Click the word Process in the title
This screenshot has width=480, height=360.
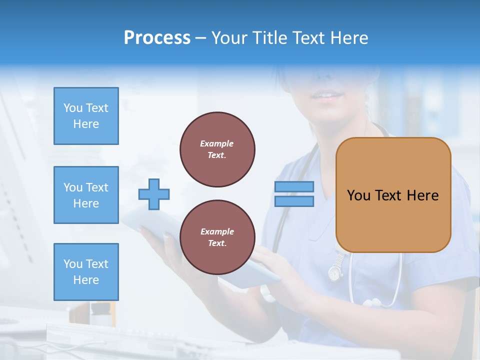click(157, 38)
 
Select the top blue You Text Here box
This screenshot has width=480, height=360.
click(86, 116)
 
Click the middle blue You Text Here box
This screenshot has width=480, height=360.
click(86, 195)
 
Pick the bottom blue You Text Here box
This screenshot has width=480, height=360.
click(86, 271)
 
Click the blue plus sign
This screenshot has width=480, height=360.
click(154, 194)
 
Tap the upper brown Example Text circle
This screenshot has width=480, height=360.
click(217, 149)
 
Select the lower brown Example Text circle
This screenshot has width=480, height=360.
click(217, 237)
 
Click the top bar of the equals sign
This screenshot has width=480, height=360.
click(294, 186)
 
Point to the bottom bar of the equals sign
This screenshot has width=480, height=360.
click(294, 201)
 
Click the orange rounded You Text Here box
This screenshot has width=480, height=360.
click(393, 195)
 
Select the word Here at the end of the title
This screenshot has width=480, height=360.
click(350, 38)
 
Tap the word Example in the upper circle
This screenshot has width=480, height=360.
click(217, 143)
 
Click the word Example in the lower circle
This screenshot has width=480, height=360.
click(217, 231)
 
